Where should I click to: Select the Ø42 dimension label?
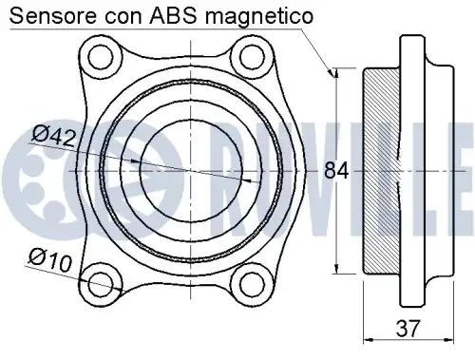click(x=53, y=137)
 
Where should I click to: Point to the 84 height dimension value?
click(x=336, y=171)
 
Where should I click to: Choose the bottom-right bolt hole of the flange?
click(x=250, y=282)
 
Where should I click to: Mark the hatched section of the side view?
click(x=381, y=171)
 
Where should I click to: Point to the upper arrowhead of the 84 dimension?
click(x=336, y=73)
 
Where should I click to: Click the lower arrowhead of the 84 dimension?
click(x=336, y=269)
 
